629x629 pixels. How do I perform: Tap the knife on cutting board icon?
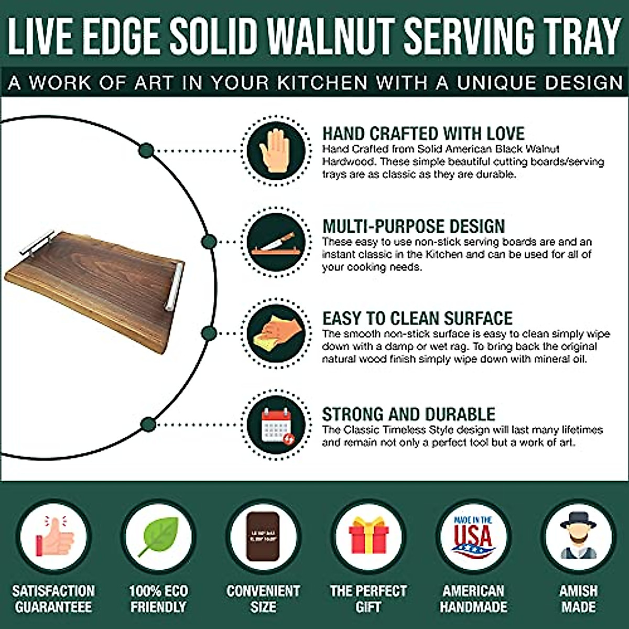click(276, 243)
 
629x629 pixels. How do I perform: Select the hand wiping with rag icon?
click(275, 334)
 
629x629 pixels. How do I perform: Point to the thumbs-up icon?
click(54, 537)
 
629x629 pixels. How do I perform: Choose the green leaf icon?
click(159, 537)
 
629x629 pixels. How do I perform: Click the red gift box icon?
click(368, 537)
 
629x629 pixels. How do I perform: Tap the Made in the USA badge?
click(473, 537)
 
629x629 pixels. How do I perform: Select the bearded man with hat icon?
click(578, 537)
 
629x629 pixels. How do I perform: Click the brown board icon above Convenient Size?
click(263, 537)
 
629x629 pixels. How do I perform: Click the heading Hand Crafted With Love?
click(423, 134)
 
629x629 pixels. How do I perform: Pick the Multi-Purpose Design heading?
click(414, 226)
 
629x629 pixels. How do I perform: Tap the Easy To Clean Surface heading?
click(417, 318)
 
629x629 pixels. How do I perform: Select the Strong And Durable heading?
click(408, 414)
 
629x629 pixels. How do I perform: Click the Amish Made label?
click(578, 599)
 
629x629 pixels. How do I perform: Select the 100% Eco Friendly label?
click(158, 599)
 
